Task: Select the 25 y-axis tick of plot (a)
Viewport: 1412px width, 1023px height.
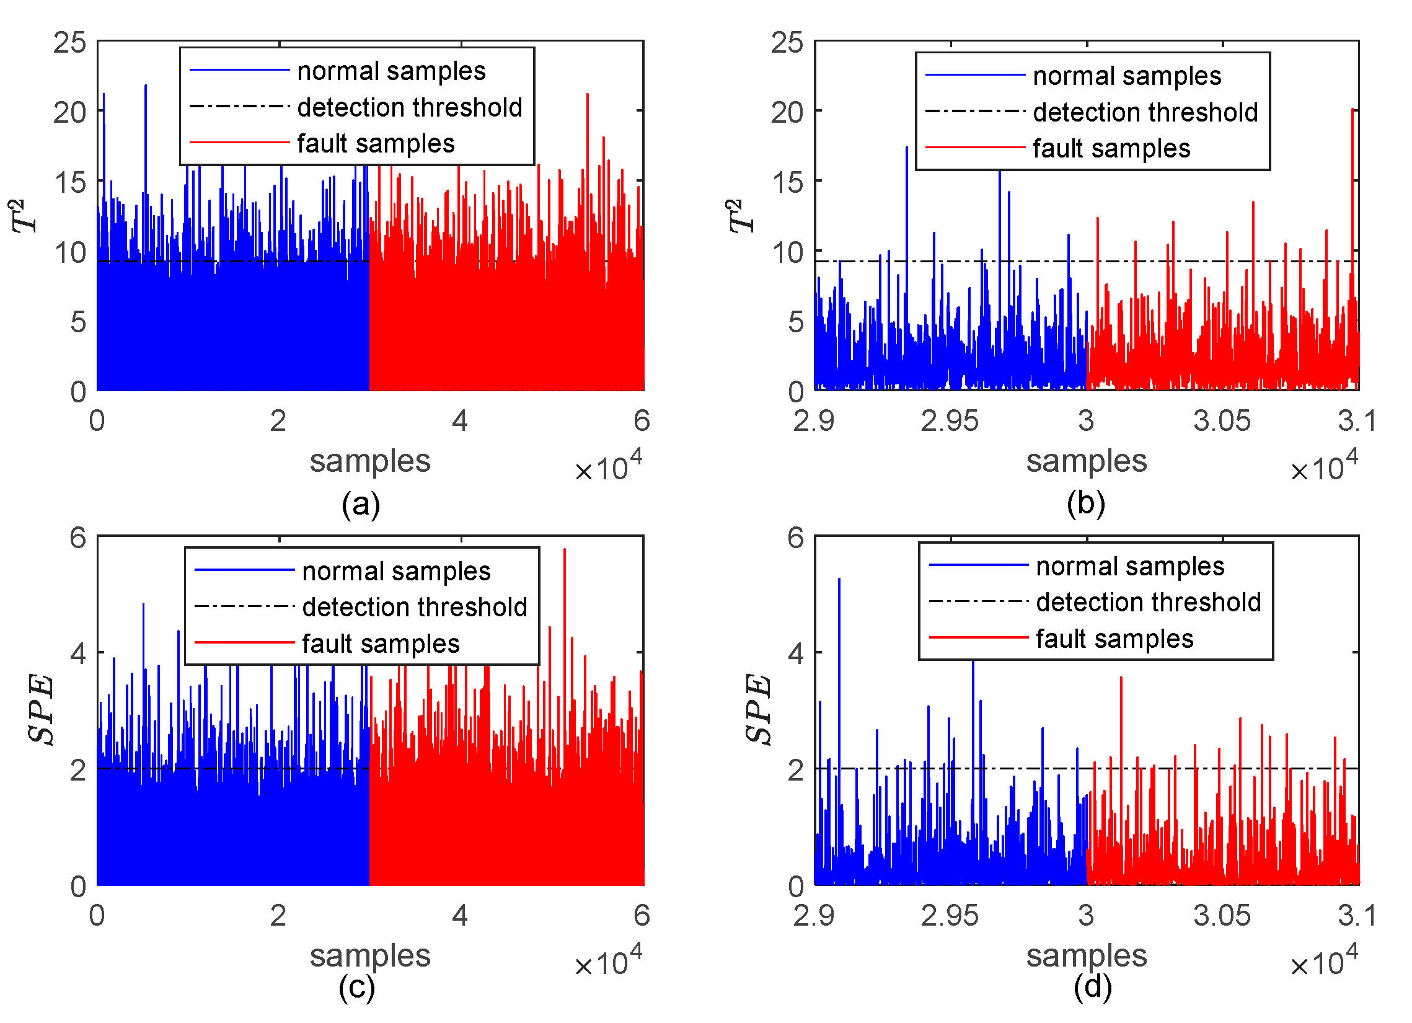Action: (69, 43)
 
